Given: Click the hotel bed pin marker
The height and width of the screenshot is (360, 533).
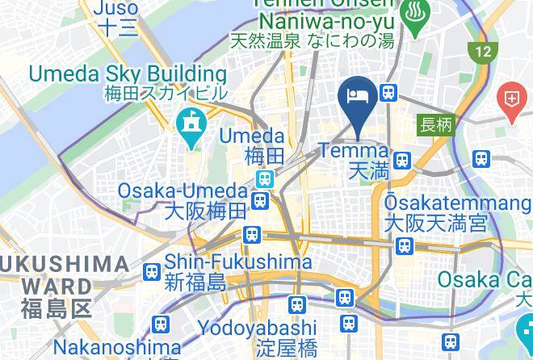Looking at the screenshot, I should [x=358, y=98].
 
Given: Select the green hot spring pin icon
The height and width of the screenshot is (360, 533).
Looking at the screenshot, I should [x=416, y=17].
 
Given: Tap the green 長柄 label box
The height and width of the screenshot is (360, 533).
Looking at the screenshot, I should [x=436, y=125].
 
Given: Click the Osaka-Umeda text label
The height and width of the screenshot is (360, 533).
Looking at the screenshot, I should [x=183, y=191].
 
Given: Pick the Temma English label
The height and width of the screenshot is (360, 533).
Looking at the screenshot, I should [x=354, y=151].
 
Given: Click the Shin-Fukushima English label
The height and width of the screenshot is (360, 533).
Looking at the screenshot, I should [x=238, y=262].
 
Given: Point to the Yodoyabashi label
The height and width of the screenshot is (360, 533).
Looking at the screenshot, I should [x=257, y=328].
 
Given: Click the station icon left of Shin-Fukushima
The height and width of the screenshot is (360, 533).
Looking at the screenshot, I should [x=150, y=272].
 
